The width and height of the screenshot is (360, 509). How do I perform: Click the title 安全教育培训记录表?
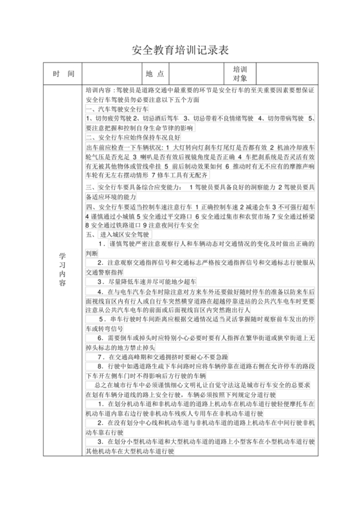tap(180, 50)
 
